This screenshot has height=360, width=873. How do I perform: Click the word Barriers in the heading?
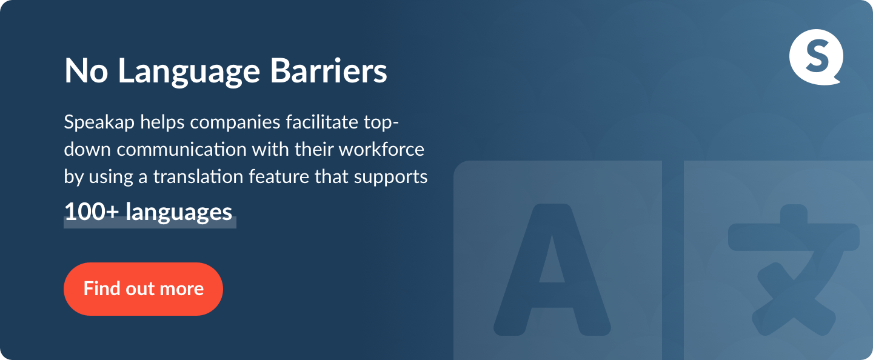329,70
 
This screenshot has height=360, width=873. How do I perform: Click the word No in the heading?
86,71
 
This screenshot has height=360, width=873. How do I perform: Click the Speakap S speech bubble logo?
816,57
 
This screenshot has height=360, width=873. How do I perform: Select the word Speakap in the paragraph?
99,122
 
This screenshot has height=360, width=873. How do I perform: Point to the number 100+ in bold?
91,212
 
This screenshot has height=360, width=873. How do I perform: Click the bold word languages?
179,213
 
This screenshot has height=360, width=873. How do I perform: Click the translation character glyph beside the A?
793,270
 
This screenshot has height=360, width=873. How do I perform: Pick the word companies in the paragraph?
235,122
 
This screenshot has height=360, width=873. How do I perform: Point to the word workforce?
381,149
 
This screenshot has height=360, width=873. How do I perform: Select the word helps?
162,122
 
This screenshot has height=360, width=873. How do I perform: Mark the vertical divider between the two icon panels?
673,260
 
